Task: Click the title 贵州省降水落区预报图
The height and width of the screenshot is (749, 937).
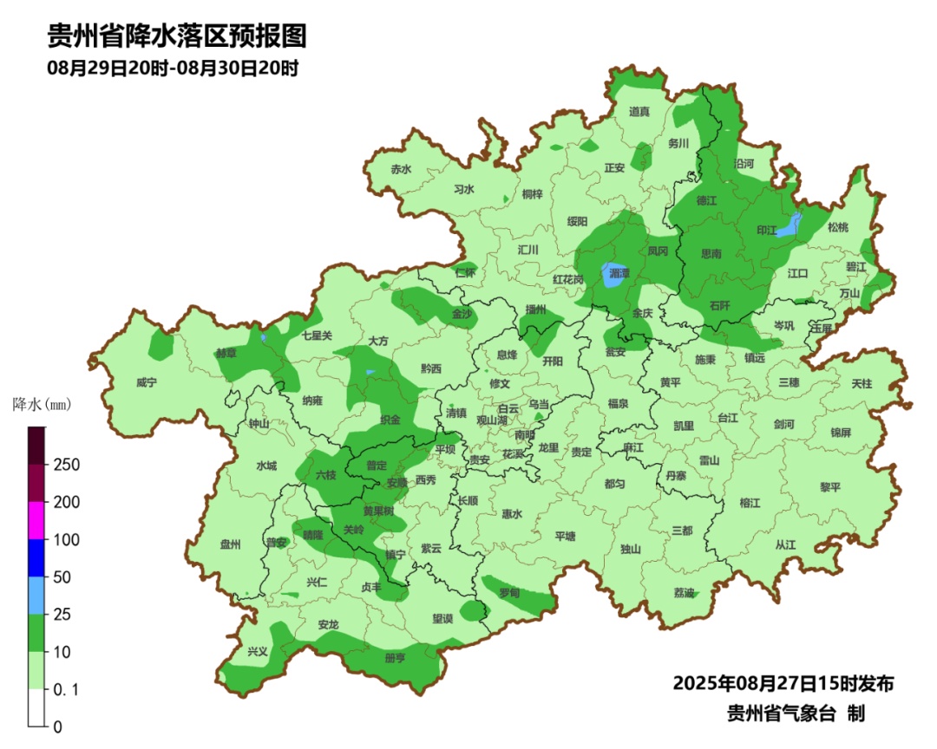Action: (177, 36)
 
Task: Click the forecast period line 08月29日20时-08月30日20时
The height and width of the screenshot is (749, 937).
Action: (173, 68)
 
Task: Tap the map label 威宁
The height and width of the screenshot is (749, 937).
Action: (147, 382)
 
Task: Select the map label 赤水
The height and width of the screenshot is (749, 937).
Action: (400, 169)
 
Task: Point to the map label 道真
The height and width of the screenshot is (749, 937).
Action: (639, 111)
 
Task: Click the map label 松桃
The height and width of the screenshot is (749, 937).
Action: (837, 227)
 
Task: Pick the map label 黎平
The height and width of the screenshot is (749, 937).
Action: (830, 487)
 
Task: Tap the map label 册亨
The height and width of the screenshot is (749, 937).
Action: (395, 658)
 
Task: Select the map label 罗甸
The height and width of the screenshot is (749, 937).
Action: (509, 592)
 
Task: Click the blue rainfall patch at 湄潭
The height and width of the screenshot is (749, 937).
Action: (616, 273)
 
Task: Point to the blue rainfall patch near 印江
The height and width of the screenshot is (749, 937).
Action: (789, 226)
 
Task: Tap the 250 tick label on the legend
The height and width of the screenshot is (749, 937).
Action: (66, 465)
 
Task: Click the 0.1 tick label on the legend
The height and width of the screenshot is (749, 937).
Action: (66, 689)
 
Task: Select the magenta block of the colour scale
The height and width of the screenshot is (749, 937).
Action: (36, 520)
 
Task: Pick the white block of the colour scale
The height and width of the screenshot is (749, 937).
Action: (36, 707)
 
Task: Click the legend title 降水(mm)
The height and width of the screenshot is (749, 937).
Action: (41, 405)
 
